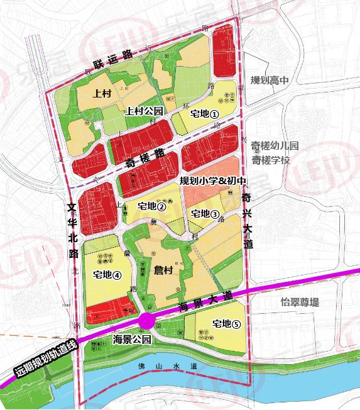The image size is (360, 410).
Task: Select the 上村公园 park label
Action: pyautogui.click(x=145, y=111)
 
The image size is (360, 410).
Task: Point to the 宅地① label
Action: pyautogui.click(x=204, y=114)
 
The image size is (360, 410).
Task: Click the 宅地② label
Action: pyautogui.click(x=151, y=206)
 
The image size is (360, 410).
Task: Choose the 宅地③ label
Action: pyautogui.click(x=205, y=214)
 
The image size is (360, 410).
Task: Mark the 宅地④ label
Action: pyautogui.click(x=106, y=274)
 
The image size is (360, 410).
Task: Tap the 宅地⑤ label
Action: pyautogui.click(x=227, y=324)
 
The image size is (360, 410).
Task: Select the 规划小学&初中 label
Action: pyautogui.click(x=210, y=180)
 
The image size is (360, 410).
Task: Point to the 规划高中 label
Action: pyautogui.click(x=270, y=80)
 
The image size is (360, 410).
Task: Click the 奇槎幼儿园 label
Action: pyautogui.click(x=275, y=147)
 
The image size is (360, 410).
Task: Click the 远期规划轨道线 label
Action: pyautogui.click(x=43, y=361)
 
